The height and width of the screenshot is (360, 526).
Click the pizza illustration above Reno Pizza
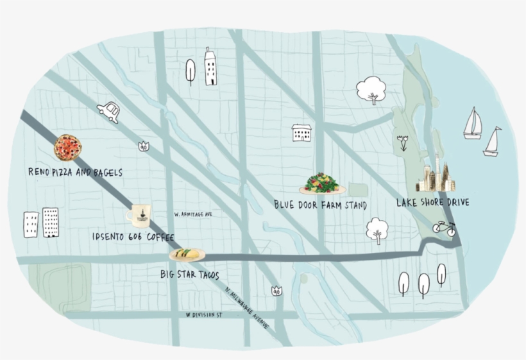(67, 148)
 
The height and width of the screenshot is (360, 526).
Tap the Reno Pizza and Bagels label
(75, 173)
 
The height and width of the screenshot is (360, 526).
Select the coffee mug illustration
(139, 214)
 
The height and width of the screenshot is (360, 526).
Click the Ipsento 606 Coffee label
(133, 237)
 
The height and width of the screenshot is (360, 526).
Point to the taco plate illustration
(187, 255)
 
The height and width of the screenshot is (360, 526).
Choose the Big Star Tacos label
(189, 275)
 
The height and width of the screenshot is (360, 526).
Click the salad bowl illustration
(321, 184)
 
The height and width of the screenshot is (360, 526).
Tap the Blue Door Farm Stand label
(320, 205)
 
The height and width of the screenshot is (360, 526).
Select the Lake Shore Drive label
(432, 202)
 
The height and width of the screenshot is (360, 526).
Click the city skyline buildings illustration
(436, 174)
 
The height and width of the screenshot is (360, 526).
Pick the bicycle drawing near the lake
(444, 227)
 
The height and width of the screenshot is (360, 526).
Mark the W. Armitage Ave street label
(193, 214)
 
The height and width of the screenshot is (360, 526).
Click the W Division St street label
(203, 315)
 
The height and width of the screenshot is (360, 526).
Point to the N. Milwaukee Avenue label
(248, 306)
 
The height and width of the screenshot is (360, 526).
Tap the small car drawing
(109, 112)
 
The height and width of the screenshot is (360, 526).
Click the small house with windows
(301, 133)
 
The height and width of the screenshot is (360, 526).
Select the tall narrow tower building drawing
(210, 66)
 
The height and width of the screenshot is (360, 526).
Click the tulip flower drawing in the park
(403, 142)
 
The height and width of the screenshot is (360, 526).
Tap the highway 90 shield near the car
(144, 146)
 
